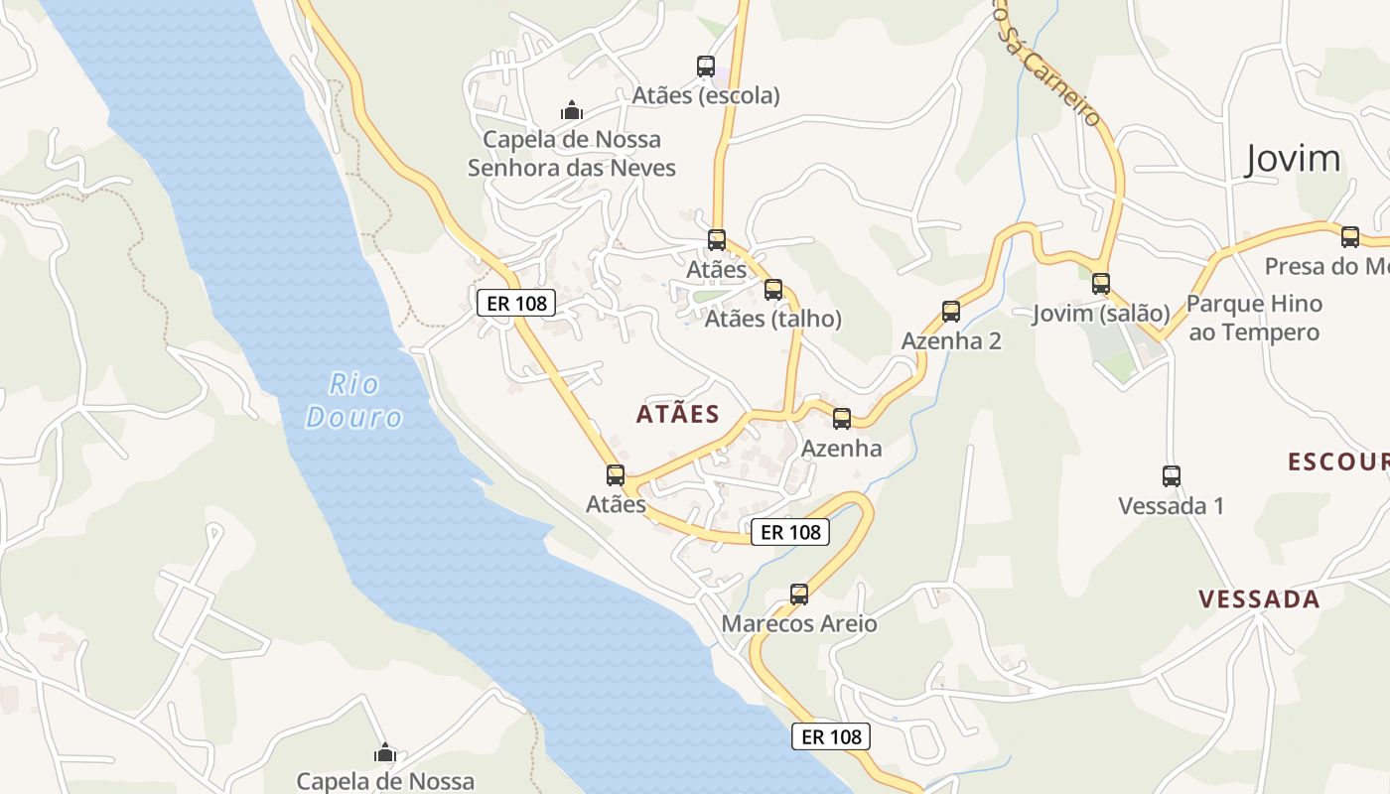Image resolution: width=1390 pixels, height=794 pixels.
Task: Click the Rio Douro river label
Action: tap(353, 400)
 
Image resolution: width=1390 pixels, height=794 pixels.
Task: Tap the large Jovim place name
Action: tap(1292, 159)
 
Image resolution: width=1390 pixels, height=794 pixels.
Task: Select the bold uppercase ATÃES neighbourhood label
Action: tap(678, 415)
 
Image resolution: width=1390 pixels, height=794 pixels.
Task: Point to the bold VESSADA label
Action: tap(1259, 599)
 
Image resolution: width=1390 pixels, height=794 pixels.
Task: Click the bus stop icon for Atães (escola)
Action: tap(706, 66)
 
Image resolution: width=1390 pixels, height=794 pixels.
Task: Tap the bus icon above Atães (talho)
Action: tap(773, 290)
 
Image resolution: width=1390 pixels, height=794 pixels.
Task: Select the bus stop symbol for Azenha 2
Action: tap(951, 312)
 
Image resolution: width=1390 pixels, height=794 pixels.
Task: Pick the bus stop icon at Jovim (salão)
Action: tap(1101, 284)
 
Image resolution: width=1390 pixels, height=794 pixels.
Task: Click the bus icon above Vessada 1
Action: tap(1172, 476)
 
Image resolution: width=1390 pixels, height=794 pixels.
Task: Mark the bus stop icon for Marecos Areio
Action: tap(799, 595)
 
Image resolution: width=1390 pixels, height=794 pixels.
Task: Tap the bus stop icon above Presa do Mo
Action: tap(1350, 237)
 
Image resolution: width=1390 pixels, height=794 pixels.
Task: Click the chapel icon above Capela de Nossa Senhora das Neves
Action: tap(571, 109)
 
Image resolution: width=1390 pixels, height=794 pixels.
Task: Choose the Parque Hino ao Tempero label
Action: tap(1255, 318)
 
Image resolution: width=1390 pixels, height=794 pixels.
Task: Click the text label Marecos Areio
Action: tap(799, 624)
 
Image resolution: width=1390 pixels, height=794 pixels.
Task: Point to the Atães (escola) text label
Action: tap(706, 96)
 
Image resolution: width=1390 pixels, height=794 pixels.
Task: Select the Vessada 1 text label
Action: tap(1172, 506)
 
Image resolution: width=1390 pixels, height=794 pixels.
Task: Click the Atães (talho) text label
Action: tap(773, 320)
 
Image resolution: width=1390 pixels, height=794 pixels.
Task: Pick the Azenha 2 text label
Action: tap(951, 341)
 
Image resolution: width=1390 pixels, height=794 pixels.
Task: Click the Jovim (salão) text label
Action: tap(1101, 314)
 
